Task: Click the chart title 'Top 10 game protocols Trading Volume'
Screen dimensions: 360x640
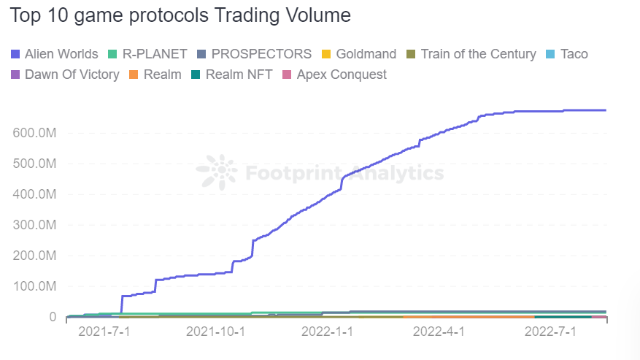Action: click(181, 15)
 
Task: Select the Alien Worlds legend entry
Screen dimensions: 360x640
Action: click(55, 54)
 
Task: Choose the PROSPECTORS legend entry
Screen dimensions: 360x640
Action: click(254, 54)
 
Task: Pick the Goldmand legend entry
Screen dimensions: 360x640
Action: click(358, 54)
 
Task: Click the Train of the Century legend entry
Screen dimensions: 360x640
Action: click(471, 54)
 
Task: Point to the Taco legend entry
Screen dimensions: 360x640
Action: click(566, 54)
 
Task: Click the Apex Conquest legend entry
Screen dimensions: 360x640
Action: click(334, 74)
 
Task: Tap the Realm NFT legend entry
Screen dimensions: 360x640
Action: click(234, 74)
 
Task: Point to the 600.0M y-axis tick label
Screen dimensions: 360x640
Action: click(34, 133)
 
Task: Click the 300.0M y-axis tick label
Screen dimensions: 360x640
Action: click(34, 225)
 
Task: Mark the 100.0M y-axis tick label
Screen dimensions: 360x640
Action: click(34, 286)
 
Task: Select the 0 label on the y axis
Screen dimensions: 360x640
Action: click(53, 317)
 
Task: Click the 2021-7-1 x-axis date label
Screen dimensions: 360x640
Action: click(103, 332)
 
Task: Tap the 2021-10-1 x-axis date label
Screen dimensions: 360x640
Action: click(215, 332)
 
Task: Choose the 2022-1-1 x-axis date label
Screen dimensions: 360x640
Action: click(328, 332)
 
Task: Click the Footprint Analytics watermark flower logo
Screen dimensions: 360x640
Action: click(217, 172)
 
